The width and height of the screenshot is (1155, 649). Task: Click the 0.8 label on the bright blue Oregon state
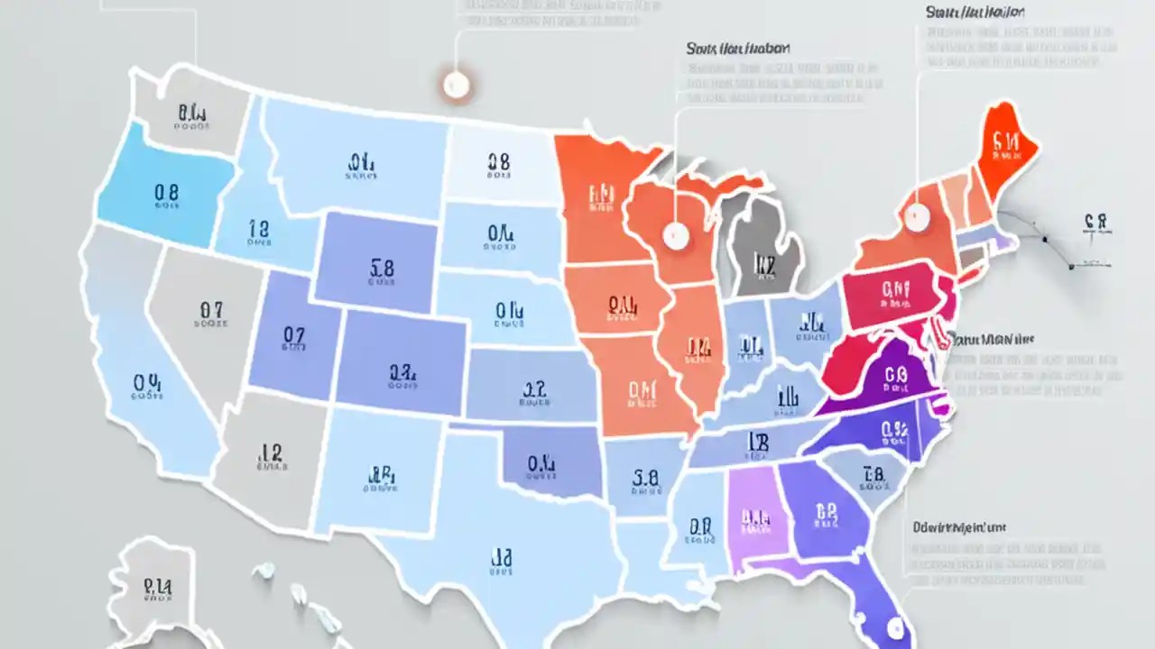pos(166,192)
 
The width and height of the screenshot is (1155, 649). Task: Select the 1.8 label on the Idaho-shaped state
pos(258,229)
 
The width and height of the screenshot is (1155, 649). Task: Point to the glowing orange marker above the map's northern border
pos(456,85)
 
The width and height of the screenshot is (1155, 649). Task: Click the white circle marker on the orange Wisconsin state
pos(675,236)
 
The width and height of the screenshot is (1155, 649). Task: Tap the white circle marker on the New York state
pos(917,216)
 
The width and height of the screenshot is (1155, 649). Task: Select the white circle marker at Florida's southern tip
pos(895,624)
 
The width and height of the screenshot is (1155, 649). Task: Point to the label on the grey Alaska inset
pos(158,588)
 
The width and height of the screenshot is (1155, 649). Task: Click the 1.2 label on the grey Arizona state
pos(271,452)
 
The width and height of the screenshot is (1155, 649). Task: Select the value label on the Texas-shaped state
pos(501,559)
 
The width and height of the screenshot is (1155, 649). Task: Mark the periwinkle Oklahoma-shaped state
pos(541,464)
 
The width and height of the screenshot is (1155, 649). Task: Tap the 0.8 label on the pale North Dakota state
pos(498,162)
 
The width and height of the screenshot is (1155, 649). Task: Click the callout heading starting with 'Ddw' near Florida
pos(959,526)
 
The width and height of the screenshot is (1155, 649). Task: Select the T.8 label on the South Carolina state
pos(873,474)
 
